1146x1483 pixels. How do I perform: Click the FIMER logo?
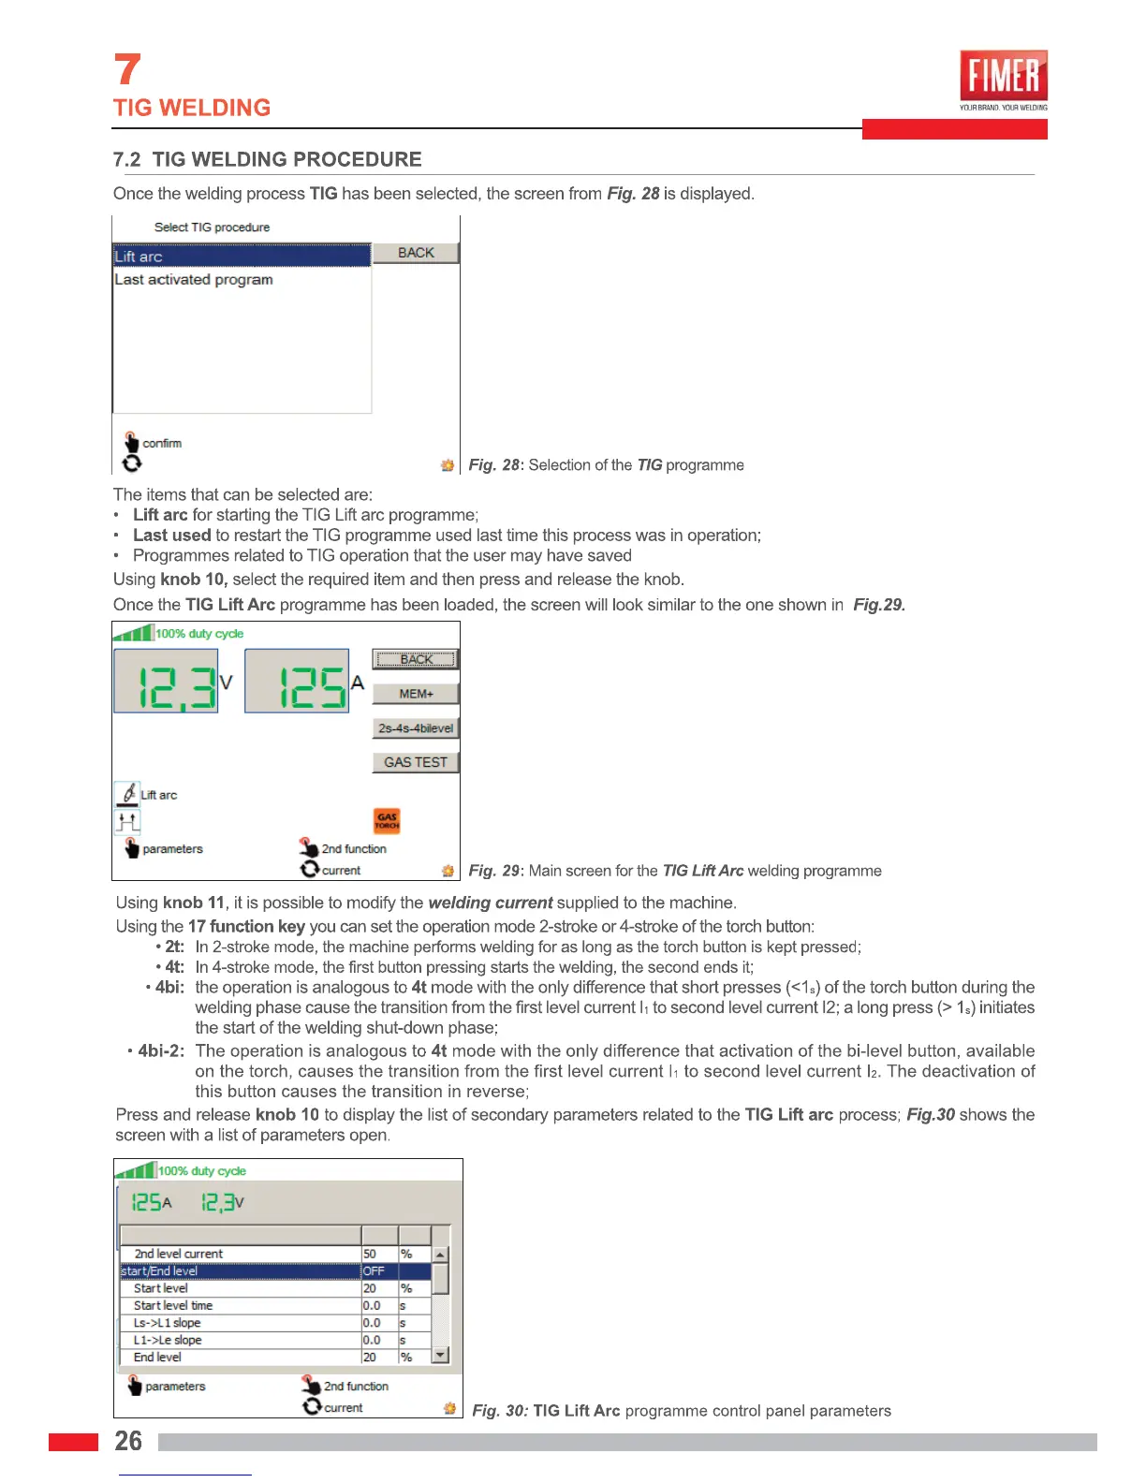1003,76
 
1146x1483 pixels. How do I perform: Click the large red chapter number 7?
127,70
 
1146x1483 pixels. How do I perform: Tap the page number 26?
128,1441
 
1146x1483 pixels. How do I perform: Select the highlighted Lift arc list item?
242,257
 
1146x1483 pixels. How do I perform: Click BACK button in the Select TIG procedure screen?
416,253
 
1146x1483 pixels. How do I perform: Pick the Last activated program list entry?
194,280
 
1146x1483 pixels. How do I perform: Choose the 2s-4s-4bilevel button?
416,728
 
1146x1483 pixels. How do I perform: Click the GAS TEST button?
416,762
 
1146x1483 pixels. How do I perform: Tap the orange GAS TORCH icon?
387,821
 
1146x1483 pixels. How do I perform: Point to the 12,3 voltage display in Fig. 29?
167,682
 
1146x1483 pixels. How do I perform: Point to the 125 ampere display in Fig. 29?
297,682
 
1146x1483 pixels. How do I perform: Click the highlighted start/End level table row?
240,1271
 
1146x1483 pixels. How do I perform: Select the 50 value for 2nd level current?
370,1254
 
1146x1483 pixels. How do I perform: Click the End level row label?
157,1358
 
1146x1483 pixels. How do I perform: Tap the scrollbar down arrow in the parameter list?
440,1356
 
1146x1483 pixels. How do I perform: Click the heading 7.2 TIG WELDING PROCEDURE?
268,159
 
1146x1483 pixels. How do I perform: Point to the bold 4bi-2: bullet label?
161,1050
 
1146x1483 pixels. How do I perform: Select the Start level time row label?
173,1305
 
